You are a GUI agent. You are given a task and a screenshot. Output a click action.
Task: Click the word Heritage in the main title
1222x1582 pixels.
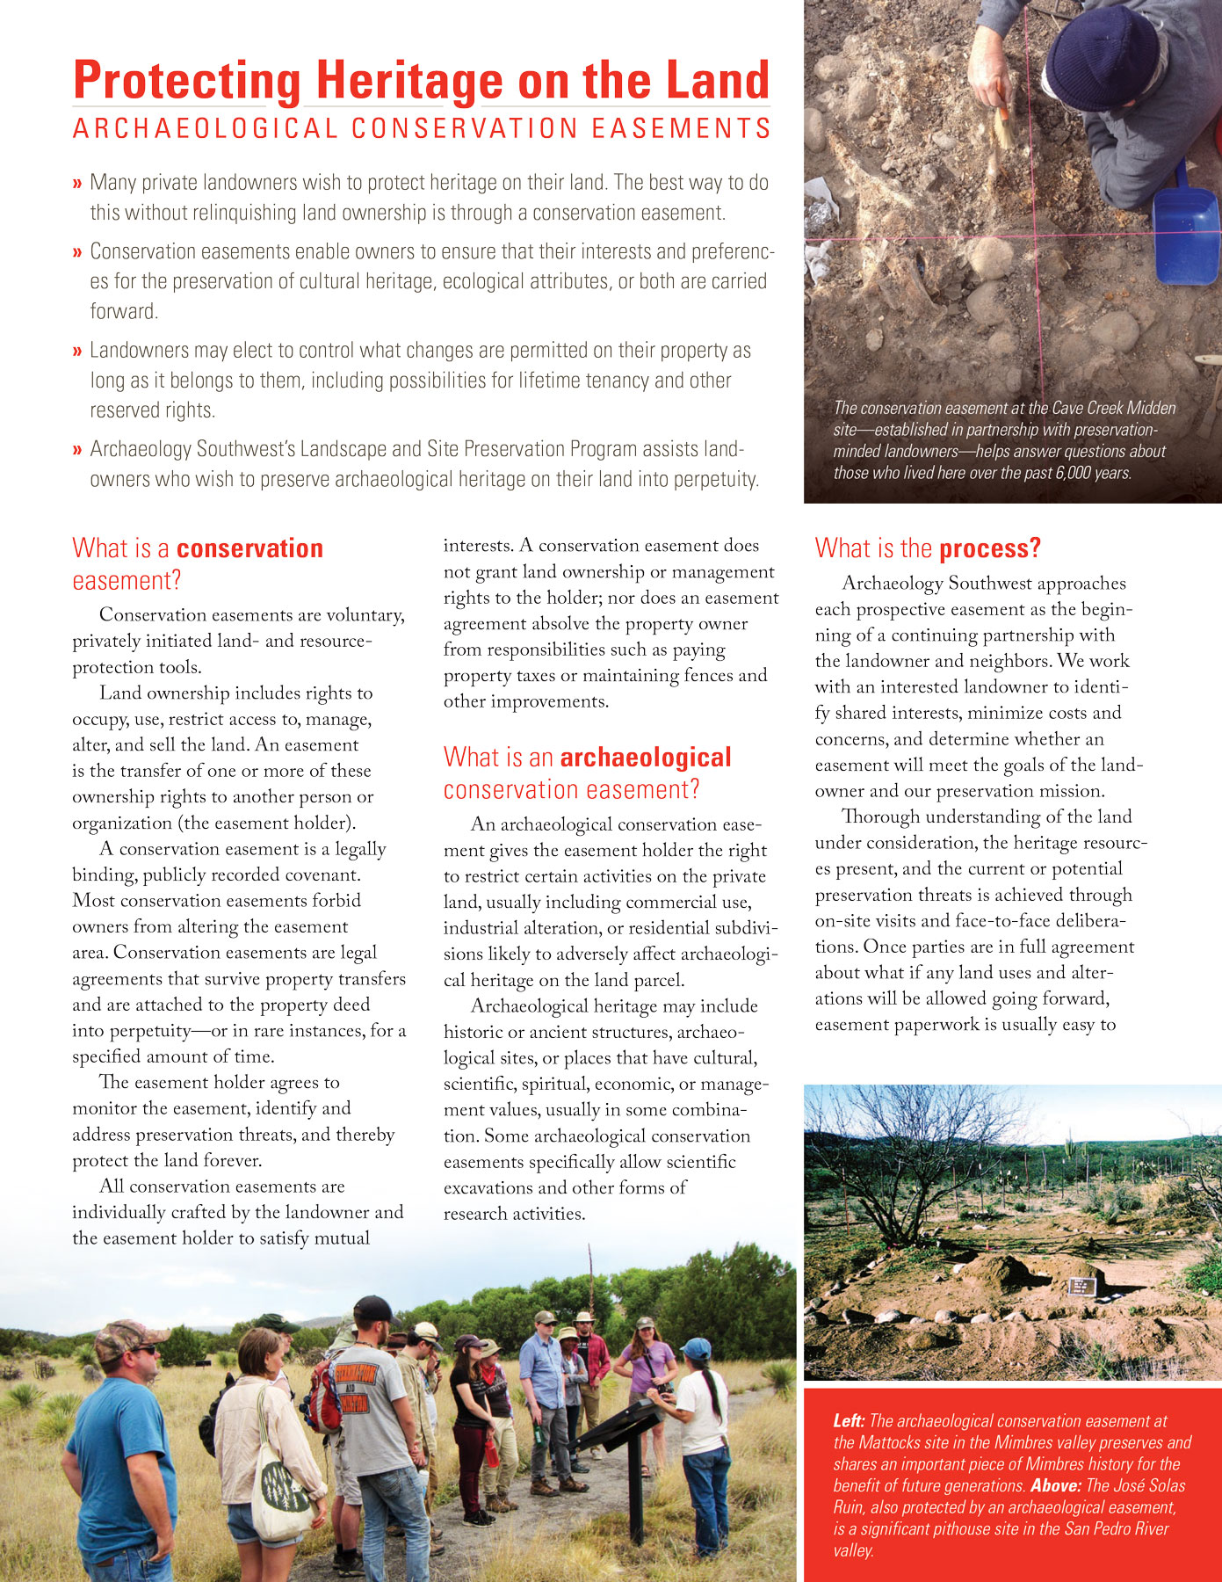409,81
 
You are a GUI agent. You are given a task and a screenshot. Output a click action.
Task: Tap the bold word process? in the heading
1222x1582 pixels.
989,548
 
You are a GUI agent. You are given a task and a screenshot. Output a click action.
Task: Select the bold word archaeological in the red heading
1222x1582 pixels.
645,758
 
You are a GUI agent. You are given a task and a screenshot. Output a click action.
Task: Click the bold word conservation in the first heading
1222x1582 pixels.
249,548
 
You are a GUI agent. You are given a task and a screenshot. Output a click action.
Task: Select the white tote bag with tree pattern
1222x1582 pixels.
281,1494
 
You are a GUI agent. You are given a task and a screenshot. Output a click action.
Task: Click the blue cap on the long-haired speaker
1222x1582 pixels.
697,1348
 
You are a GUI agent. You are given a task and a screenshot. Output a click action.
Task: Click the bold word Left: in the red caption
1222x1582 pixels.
849,1421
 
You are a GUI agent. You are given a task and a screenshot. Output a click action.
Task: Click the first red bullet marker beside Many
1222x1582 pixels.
77,184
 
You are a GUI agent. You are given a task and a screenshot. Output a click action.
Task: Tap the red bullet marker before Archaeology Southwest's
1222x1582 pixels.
77,450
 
